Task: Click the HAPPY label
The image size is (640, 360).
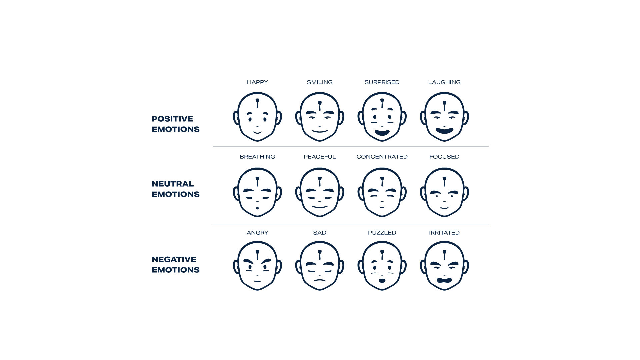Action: coord(257,82)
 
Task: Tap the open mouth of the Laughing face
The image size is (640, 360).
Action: coord(444,131)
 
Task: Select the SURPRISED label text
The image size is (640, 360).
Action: coord(382,82)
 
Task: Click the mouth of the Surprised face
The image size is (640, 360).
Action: coord(382,133)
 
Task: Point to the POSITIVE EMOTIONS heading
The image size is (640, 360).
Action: coord(175,124)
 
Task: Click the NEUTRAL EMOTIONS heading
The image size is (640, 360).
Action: coord(175,189)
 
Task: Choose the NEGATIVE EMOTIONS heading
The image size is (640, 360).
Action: coord(175,265)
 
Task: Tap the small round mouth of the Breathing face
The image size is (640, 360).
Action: coord(257,208)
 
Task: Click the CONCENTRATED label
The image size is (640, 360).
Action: coord(382,157)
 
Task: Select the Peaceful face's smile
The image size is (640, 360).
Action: coord(320,207)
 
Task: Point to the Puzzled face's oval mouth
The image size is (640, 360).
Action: coord(382,281)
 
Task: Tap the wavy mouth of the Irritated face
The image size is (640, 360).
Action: coord(444,280)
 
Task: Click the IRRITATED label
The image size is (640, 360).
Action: coord(444,233)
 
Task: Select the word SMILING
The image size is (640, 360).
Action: coord(320,82)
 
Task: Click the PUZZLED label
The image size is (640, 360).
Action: coord(382,233)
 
